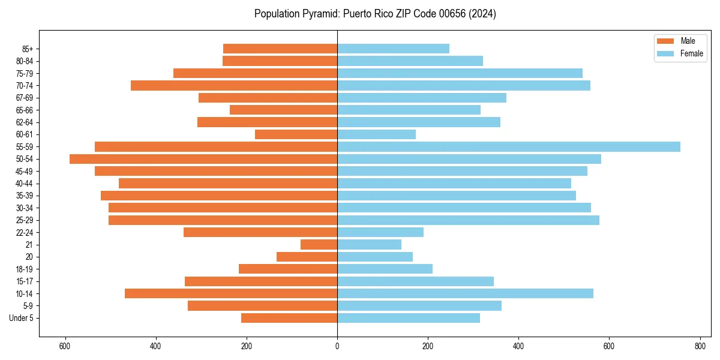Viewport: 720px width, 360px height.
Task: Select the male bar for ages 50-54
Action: (203, 159)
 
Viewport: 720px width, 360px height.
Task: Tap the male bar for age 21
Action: (319, 245)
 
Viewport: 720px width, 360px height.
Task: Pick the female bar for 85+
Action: (393, 49)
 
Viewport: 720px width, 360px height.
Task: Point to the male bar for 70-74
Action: (234, 86)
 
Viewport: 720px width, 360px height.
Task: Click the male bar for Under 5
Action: (289, 318)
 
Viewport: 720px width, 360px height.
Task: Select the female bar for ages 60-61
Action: (376, 134)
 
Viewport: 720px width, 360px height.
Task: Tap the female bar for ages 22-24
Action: (380, 232)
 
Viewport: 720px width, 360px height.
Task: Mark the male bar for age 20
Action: (307, 257)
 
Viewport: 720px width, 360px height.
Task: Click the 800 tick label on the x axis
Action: (700, 346)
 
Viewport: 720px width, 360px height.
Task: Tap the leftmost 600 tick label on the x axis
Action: (65, 346)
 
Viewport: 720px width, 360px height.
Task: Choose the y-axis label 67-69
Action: (25, 98)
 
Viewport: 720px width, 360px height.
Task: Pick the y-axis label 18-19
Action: (25, 269)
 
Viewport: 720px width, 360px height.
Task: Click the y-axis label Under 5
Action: (22, 318)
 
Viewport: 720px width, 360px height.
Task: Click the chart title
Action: (375, 14)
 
